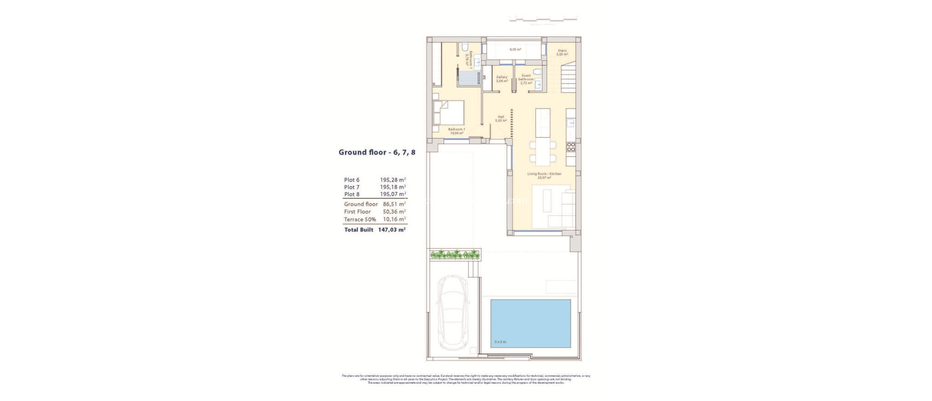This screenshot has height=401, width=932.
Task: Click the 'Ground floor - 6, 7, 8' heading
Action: point(377,152)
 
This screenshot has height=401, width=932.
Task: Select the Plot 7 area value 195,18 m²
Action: point(393,187)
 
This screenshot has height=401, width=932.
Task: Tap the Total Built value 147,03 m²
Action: point(391,230)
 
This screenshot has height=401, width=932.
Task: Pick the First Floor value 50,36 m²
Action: point(394,211)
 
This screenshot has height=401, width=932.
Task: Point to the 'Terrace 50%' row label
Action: point(360,219)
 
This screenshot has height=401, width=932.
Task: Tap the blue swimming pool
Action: point(531,324)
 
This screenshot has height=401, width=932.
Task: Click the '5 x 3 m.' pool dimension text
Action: point(501,342)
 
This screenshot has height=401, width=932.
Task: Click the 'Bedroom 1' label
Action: point(456,129)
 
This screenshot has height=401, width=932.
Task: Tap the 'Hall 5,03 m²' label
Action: point(501,118)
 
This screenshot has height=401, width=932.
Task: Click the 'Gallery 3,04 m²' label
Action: point(501,79)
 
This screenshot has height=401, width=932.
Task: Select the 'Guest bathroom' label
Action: point(526,77)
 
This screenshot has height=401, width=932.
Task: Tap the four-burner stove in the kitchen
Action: point(571,147)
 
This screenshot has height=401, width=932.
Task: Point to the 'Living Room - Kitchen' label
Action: point(544,174)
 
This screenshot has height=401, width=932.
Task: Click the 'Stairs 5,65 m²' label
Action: point(562,52)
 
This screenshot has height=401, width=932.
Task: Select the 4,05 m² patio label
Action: point(515,49)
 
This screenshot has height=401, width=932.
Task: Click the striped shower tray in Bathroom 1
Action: point(606,78)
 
